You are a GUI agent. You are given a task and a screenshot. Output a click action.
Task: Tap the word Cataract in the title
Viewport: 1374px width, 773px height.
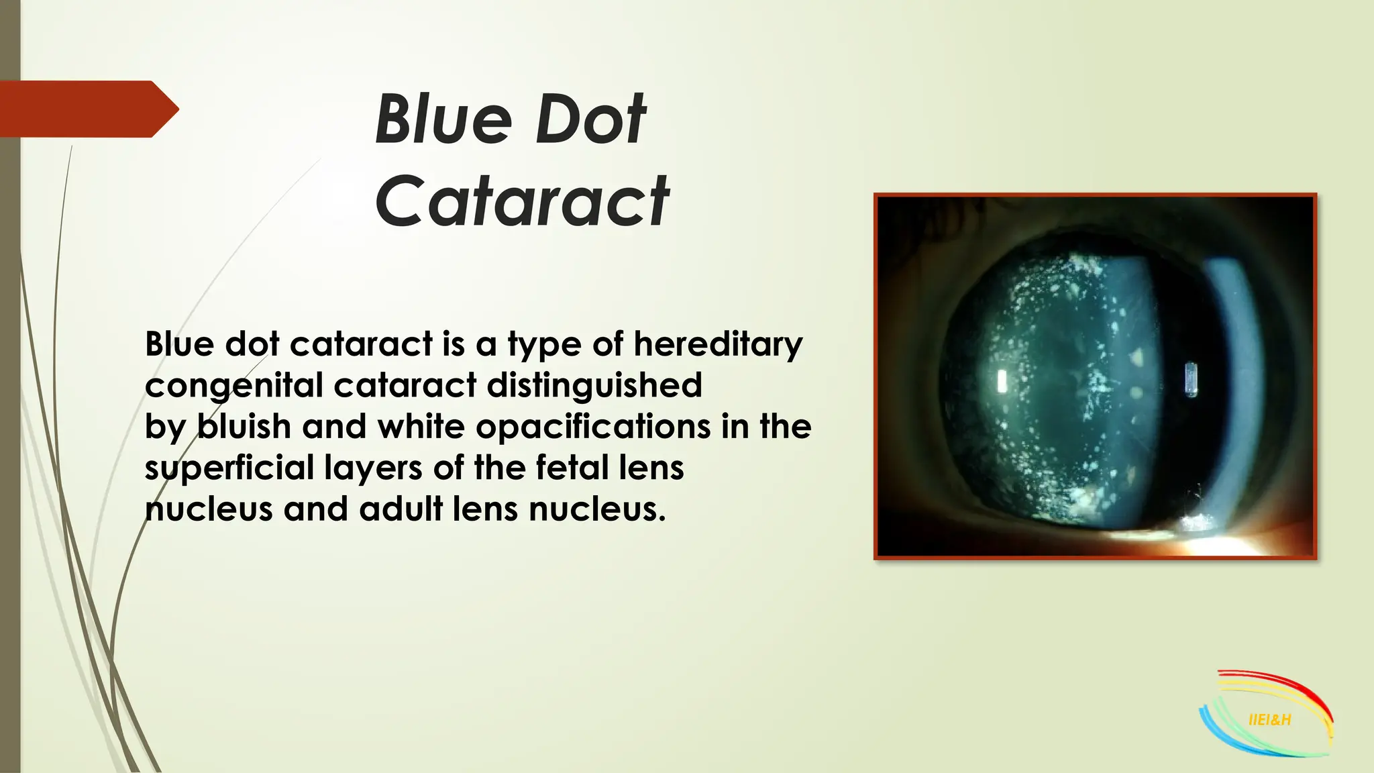pos(522,201)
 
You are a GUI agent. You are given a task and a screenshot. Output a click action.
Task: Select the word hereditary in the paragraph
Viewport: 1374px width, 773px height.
pos(718,345)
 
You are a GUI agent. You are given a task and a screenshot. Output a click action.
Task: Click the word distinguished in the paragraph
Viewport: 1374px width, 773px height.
pos(594,386)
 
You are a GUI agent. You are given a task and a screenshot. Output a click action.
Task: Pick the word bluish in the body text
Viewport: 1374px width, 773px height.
pos(244,427)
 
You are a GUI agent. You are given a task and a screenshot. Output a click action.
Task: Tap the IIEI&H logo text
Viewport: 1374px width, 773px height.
pos(1269,720)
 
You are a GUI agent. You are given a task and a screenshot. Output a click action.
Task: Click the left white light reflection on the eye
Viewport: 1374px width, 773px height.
pos(1002,381)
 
